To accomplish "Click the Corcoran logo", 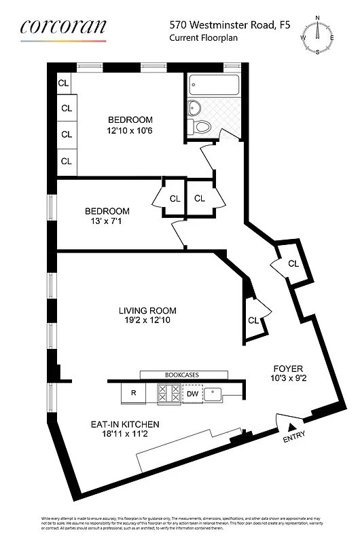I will (x=63, y=28).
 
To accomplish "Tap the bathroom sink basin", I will (x=194, y=107).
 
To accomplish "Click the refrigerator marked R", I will (x=132, y=393).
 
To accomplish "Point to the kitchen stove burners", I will (x=167, y=393).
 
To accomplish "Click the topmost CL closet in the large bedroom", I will (x=63, y=83).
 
